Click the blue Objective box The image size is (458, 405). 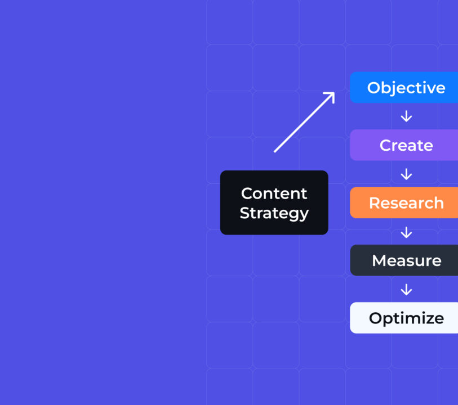(404, 88)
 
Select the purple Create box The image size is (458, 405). (404, 145)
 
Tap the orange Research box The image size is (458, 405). (404, 203)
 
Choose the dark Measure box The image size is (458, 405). (404, 260)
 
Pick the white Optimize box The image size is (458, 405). (404, 318)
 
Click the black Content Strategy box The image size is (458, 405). (274, 202)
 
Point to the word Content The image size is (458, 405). (274, 193)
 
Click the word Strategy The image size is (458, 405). (274, 213)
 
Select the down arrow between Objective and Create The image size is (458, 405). (406, 116)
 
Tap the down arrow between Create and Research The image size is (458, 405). (406, 174)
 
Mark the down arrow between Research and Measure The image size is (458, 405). (406, 232)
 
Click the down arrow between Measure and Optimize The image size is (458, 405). (406, 290)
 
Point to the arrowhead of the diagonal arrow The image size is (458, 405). (332, 94)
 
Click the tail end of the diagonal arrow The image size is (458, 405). (275, 151)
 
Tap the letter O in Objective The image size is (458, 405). (374, 88)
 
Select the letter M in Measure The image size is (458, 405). (379, 261)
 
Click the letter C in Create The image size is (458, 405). (386, 146)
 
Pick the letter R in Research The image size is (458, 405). (375, 203)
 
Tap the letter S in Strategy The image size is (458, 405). (244, 214)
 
